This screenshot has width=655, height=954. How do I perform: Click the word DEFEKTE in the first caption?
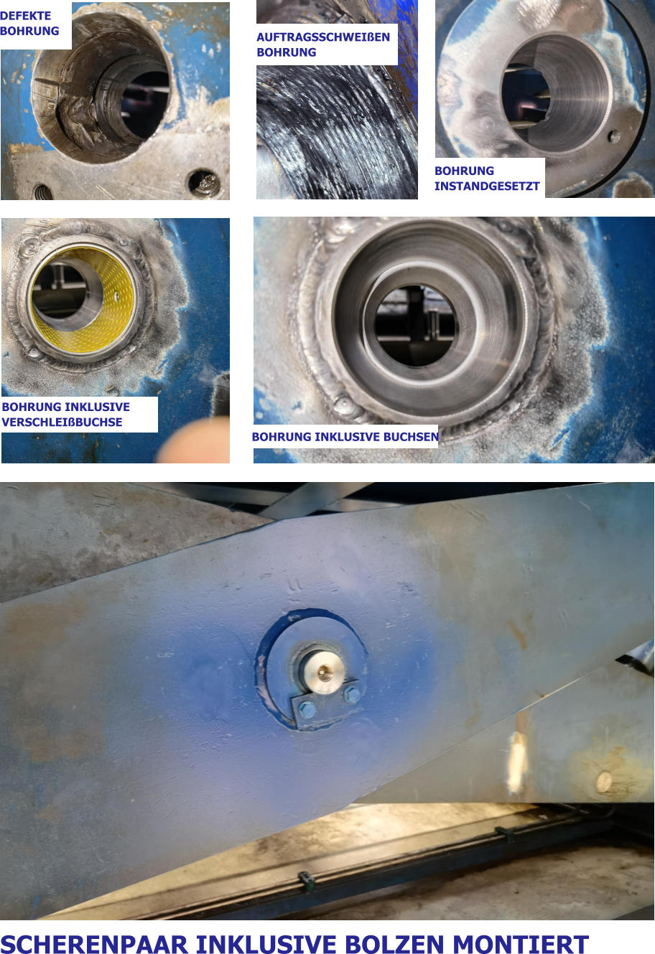click(26, 16)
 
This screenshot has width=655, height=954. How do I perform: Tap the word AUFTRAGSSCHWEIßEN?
click(323, 37)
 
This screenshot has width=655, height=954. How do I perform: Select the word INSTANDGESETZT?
click(487, 186)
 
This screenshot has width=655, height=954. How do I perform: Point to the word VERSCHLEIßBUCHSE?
click(62, 422)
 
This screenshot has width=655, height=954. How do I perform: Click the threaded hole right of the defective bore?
click(204, 183)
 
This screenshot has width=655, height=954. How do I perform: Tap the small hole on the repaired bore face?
click(613, 136)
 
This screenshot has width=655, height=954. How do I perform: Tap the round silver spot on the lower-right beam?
click(603, 781)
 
